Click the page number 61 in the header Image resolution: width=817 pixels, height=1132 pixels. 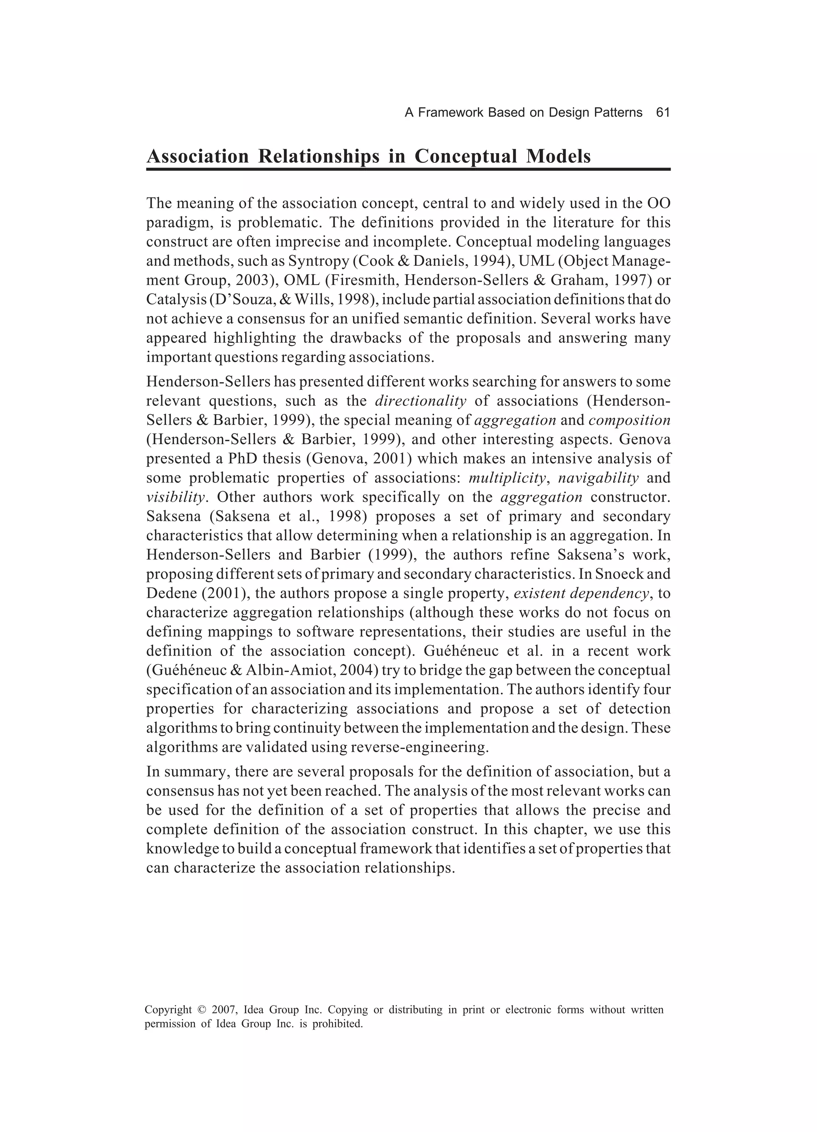pos(662,113)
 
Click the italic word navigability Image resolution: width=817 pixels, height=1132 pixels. pos(598,478)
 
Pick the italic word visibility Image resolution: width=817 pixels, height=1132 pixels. pos(176,497)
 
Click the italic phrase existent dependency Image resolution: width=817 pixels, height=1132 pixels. pos(581,593)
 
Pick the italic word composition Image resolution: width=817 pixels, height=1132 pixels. pos(630,420)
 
